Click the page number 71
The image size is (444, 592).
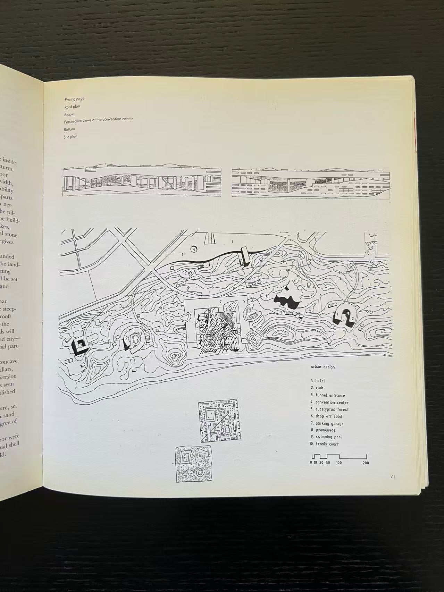[x=393, y=476]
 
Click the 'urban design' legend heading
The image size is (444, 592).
[x=323, y=367]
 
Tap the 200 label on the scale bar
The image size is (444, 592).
[x=366, y=463]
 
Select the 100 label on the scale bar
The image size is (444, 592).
[x=339, y=463]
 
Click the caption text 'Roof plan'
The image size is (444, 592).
[x=72, y=107]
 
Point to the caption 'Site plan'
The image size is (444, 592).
[x=71, y=137]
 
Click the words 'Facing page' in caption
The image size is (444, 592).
[x=74, y=99]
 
